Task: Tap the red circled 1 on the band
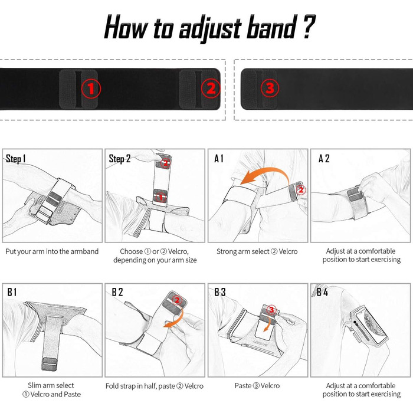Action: (91, 88)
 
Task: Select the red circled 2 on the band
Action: (210, 88)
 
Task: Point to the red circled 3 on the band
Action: (270, 88)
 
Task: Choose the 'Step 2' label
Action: (120, 159)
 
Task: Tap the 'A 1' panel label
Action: (220, 159)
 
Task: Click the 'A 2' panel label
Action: (324, 159)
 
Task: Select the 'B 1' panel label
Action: (13, 293)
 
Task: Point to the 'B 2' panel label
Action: (117, 293)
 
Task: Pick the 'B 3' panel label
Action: (220, 293)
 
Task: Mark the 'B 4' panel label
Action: (323, 293)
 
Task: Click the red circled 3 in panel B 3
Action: (271, 309)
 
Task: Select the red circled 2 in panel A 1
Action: (301, 190)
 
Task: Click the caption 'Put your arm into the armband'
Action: (53, 251)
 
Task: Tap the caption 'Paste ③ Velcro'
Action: (258, 386)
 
